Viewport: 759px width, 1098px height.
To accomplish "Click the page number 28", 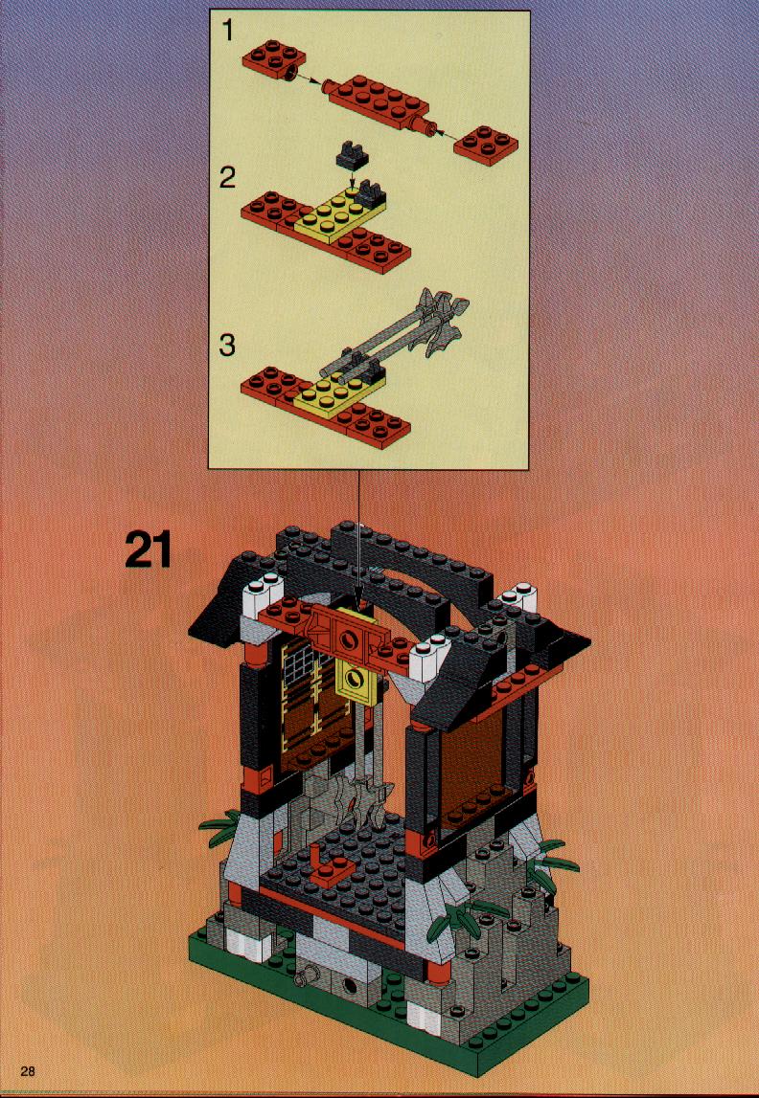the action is pyautogui.click(x=28, y=1070).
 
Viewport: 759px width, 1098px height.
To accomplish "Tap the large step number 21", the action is pyautogui.click(x=149, y=550).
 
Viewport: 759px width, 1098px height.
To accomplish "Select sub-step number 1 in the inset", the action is pyautogui.click(x=228, y=31).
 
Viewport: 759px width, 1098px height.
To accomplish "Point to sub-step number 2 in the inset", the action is pyautogui.click(x=227, y=178).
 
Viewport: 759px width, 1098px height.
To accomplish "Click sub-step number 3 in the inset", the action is pyautogui.click(x=227, y=345).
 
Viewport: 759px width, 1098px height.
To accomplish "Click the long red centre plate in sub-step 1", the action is pyautogui.click(x=379, y=103).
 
